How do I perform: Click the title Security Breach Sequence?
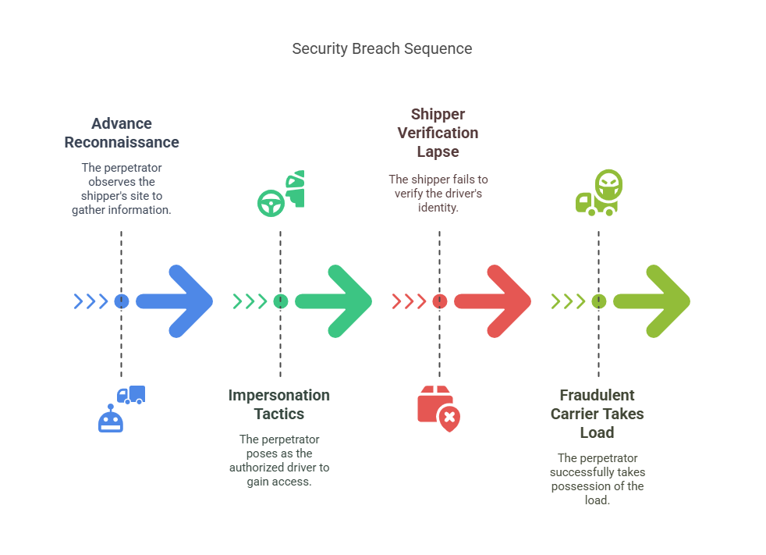(381, 48)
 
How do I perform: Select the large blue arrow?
(176, 301)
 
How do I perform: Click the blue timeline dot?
(121, 301)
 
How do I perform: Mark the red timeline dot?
(439, 301)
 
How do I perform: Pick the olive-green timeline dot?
(598, 301)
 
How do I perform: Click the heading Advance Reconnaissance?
(122, 133)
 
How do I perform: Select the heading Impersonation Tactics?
(279, 404)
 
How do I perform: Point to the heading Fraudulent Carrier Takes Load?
(598, 414)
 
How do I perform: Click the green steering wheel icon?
(270, 203)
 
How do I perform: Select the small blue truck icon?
(131, 395)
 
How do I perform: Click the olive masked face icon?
(608, 184)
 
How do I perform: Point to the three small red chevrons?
(408, 301)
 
